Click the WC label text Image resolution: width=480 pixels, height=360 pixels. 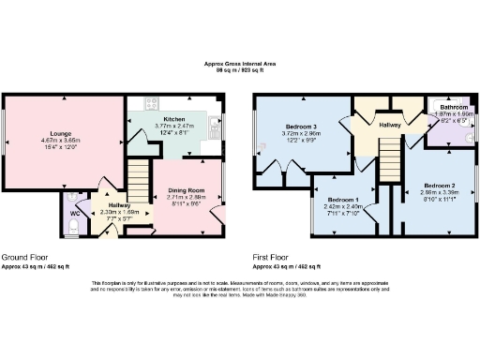pyautogui.click(x=75, y=212)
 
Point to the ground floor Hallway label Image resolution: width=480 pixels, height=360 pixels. pyautogui.click(x=119, y=205)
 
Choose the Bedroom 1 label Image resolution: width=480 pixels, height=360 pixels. pyautogui.click(x=342, y=200)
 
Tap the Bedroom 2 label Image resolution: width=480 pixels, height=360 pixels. pyautogui.click(x=438, y=186)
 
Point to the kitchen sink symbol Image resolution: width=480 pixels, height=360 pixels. pyautogui.click(x=214, y=122)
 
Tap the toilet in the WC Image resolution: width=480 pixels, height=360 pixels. pyautogui.click(x=74, y=198)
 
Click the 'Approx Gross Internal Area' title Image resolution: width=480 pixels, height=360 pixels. pyautogui.click(x=240, y=63)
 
